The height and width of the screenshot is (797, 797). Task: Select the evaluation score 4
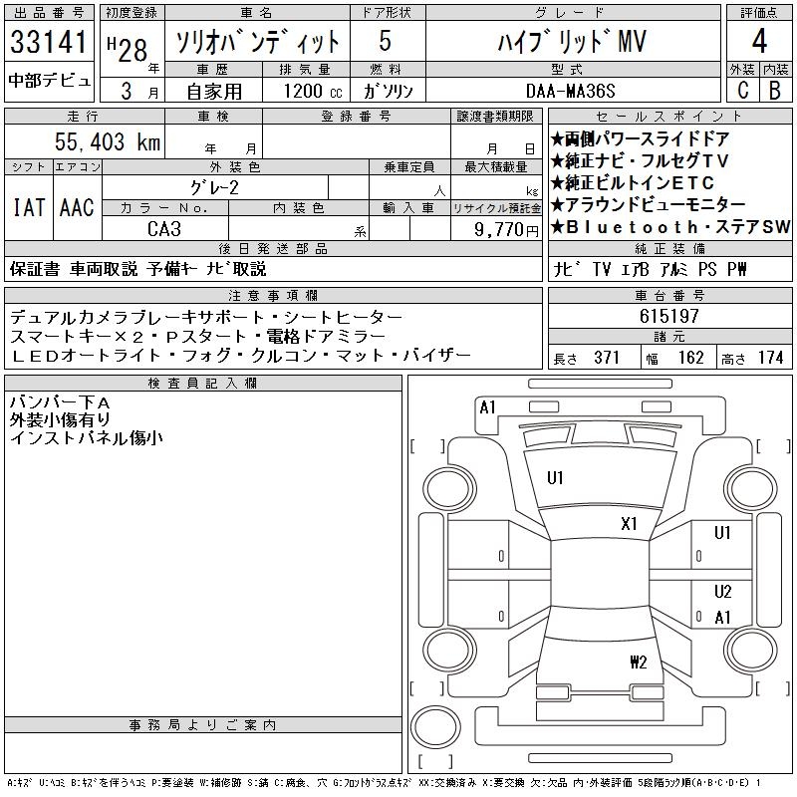click(x=758, y=43)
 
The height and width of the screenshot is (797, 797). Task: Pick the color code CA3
click(x=164, y=228)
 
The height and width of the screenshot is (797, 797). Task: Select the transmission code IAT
click(x=28, y=208)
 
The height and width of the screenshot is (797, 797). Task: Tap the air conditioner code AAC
click(x=77, y=208)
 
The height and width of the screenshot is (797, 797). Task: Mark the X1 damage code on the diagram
click(x=629, y=523)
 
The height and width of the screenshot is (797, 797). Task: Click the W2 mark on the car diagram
click(x=639, y=662)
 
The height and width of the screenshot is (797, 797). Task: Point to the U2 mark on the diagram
click(x=723, y=591)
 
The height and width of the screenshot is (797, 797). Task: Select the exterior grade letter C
click(x=741, y=90)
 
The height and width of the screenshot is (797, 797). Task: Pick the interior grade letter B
click(x=774, y=90)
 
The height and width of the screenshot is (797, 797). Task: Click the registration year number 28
click(x=136, y=48)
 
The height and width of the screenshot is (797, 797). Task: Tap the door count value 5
click(x=384, y=43)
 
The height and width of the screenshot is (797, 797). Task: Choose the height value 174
click(x=770, y=358)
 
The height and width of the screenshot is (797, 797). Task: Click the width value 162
click(x=690, y=358)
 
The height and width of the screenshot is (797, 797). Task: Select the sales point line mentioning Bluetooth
click(x=669, y=227)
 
